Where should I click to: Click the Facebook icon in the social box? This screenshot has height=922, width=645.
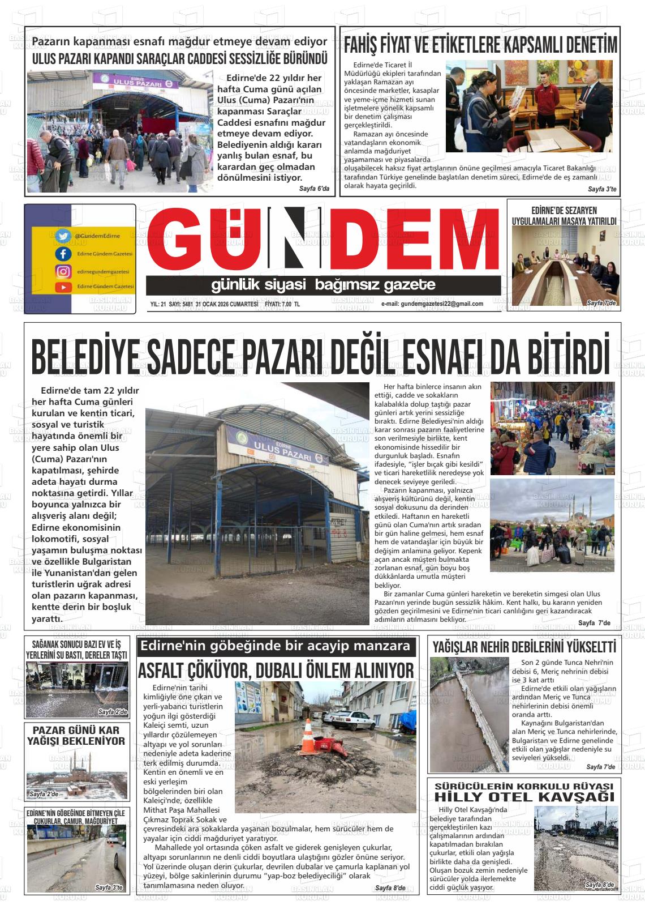pyautogui.click(x=63, y=254)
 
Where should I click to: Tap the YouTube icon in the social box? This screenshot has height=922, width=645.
pyautogui.click(x=63, y=287)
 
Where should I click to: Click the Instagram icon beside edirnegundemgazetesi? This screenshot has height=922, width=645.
pyautogui.click(x=63, y=271)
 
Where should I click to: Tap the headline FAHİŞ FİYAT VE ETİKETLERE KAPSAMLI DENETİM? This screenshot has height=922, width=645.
pyautogui.click(x=480, y=44)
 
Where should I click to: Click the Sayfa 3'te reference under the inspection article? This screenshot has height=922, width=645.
pyautogui.click(x=602, y=189)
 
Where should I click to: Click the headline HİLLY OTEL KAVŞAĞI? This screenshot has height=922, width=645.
pyautogui.click(x=524, y=797)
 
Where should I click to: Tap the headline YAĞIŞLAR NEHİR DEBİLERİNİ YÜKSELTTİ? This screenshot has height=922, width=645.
pyautogui.click(x=524, y=647)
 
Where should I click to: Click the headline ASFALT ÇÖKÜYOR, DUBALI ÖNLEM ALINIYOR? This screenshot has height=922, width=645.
pyautogui.click(x=276, y=671)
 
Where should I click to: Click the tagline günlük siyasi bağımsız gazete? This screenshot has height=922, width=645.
pyautogui.click(x=323, y=284)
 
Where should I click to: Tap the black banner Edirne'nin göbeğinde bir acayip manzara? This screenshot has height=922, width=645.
pyautogui.click(x=276, y=646)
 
